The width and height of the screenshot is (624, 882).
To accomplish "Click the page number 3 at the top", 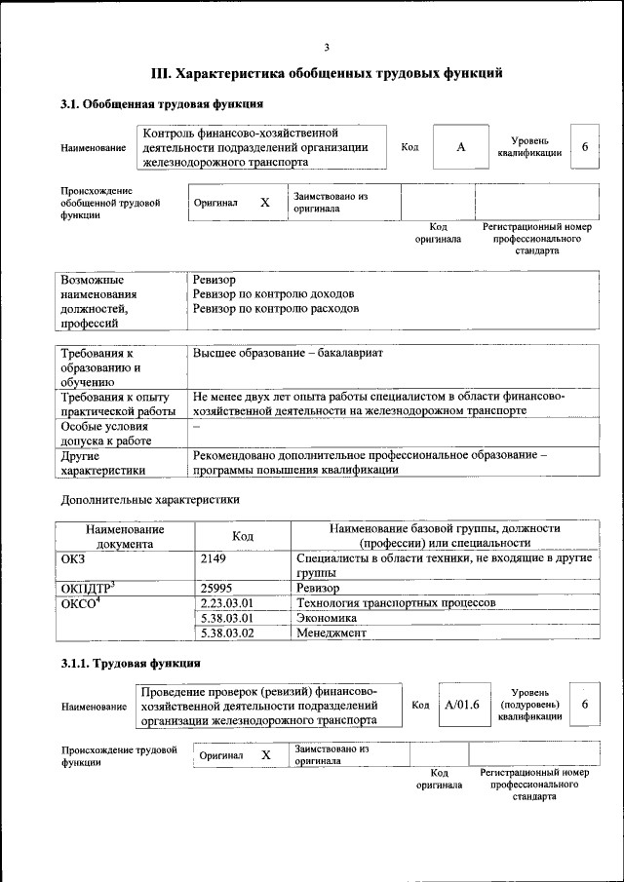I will point(327,46).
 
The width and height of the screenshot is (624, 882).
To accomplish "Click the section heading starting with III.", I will point(327,72).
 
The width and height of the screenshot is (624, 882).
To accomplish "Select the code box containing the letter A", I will point(461,146).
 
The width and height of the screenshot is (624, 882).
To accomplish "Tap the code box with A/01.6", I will point(461,705).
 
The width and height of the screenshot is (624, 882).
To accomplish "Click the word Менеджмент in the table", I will point(331,633).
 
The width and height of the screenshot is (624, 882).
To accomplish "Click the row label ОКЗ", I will point(75,558).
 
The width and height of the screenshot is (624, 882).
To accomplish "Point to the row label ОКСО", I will point(79,603).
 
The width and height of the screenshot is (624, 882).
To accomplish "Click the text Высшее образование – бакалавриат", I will point(289,352).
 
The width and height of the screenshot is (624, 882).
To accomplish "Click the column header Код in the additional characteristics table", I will point(243,536).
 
